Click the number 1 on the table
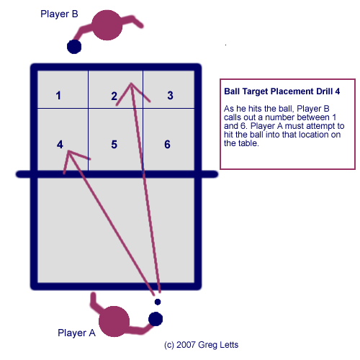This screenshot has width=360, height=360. pyautogui.click(x=58, y=96)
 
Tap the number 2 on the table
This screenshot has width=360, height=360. pyautogui.click(x=114, y=96)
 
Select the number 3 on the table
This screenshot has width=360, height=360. pyautogui.click(x=170, y=95)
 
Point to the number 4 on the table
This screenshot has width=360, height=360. pyautogui.click(x=60, y=145)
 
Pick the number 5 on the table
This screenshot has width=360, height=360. pyautogui.click(x=114, y=145)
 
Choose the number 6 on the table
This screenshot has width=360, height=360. pyautogui.click(x=167, y=145)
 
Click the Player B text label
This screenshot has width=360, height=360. pyautogui.click(x=59, y=14)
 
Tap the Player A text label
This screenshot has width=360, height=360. pyautogui.click(x=76, y=333)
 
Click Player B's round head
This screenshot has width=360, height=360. pyautogui.click(x=107, y=25)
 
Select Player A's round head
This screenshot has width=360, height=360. pyautogui.click(x=114, y=321)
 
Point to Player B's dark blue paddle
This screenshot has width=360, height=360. pyautogui.click(x=74, y=47)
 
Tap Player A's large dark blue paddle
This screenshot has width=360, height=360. pyautogui.click(x=156, y=319)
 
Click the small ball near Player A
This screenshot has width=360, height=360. pyautogui.click(x=158, y=302)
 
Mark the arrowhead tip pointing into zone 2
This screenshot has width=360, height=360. pyautogui.click(x=131, y=84)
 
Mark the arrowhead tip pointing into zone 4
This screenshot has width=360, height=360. pyautogui.click(x=68, y=150)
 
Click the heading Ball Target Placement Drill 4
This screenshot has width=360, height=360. pyautogui.click(x=282, y=91)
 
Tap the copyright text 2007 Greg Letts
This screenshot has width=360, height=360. pyautogui.click(x=207, y=345)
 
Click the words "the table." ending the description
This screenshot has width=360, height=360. pyautogui.click(x=241, y=143)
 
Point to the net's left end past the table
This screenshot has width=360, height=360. pyautogui.click(x=17, y=174)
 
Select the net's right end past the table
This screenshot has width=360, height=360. pyautogui.click(x=217, y=174)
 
